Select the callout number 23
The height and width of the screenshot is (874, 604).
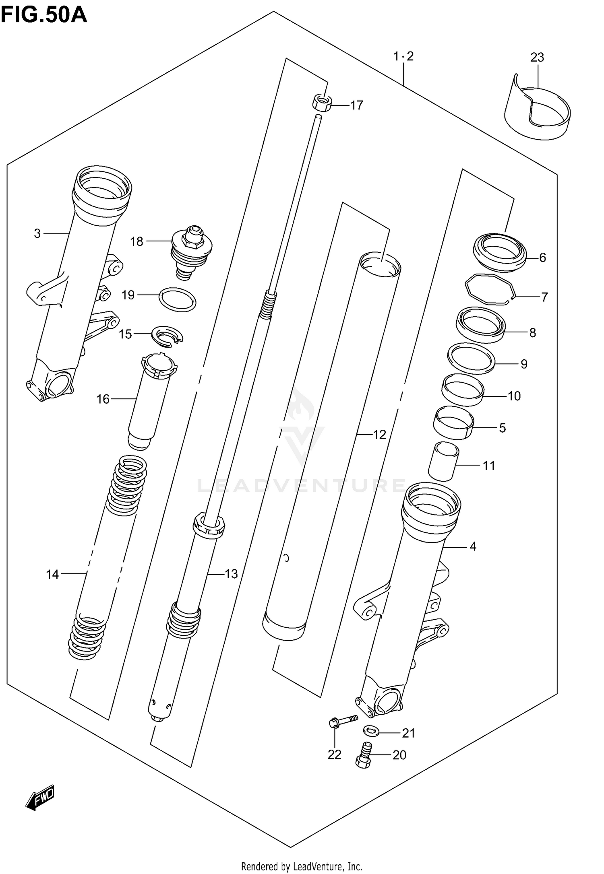pyautogui.click(x=537, y=58)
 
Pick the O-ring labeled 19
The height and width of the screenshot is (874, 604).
pyautogui.click(x=178, y=300)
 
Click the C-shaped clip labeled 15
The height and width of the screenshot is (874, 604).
pyautogui.click(x=167, y=335)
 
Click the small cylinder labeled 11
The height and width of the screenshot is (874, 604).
pyautogui.click(x=443, y=461)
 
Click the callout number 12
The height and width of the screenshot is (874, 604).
pyautogui.click(x=379, y=434)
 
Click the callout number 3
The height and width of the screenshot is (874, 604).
pyautogui.click(x=37, y=233)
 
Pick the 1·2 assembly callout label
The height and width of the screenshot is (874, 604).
pyautogui.click(x=403, y=56)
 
